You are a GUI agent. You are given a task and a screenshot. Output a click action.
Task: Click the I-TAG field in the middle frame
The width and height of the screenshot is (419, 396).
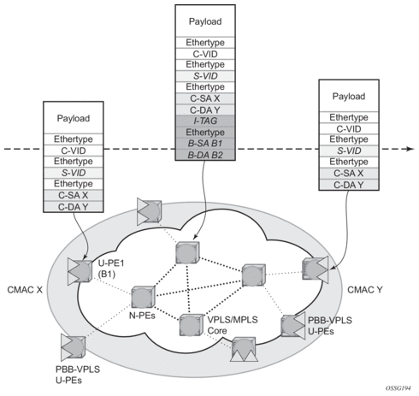tap(205, 121)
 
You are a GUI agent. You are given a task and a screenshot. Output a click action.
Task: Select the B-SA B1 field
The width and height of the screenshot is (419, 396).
tap(205, 144)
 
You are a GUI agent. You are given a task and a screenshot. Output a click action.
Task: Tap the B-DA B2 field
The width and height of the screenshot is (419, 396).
tap(205, 155)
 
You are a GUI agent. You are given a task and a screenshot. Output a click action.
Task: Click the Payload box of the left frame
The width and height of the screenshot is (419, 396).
tap(74, 118)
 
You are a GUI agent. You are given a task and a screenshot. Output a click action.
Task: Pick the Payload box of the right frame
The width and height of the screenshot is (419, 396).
tap(349, 96)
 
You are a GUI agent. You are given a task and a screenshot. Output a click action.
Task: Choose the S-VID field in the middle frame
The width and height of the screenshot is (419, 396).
tap(205, 76)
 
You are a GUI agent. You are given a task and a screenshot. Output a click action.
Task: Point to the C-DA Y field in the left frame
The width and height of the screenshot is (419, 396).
tap(74, 207)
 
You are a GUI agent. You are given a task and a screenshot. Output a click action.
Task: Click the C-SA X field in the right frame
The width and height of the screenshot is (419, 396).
tap(349, 174)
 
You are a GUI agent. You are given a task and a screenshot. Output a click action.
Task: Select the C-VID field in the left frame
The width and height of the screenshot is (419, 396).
tap(74, 151)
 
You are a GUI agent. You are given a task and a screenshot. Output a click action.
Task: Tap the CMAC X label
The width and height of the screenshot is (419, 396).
tap(25, 290)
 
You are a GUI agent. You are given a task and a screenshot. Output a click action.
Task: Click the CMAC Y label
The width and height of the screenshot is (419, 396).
tap(365, 290)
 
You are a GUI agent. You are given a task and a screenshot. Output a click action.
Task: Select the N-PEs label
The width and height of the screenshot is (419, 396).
tap(142, 316)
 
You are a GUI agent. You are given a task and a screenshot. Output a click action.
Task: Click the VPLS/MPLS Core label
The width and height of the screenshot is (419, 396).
tap(233, 325)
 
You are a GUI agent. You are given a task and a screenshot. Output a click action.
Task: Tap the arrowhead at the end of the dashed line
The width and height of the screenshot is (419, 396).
tap(410, 149)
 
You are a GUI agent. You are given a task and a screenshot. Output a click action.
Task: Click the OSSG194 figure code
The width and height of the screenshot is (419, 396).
tap(398, 388)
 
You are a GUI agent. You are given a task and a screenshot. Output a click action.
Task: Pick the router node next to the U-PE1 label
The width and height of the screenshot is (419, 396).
tap(80, 271)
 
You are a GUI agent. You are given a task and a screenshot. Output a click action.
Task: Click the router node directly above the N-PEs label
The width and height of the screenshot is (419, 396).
tap(143, 297)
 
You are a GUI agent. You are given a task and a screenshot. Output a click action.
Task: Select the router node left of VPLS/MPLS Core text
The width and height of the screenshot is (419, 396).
tap(192, 325)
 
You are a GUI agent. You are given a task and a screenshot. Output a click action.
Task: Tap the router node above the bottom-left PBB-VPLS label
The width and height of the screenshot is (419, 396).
tap(73, 346)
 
